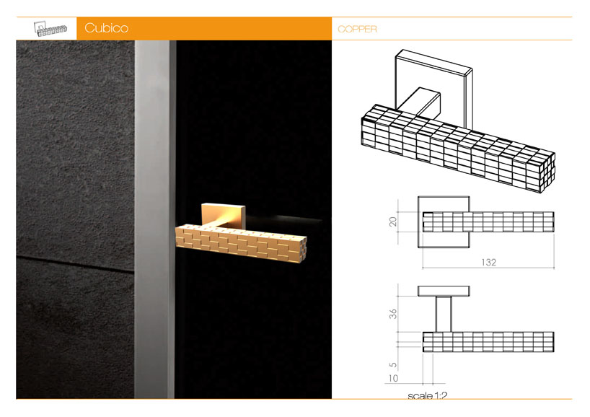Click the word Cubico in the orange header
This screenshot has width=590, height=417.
coord(106,28)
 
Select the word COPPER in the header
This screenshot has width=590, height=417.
coord(357,29)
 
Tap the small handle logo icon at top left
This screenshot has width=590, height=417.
coord(50,29)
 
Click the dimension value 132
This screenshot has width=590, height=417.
coord(488,262)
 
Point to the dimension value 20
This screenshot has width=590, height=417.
coord(393,221)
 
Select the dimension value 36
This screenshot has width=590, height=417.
coord(393,314)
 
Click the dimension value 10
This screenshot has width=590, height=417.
coord(393,378)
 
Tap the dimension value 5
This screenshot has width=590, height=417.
coord(393,364)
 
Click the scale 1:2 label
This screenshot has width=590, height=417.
coord(428,395)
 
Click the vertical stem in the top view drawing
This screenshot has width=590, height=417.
coord(444,314)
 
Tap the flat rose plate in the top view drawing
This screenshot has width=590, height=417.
coord(444,291)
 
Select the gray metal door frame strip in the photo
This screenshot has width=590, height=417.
coord(154,219)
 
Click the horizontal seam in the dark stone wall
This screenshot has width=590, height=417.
coord(75,263)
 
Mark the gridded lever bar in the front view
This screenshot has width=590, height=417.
coord(488,221)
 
